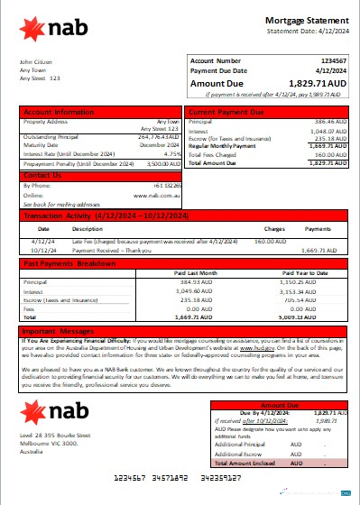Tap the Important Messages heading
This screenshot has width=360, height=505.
click(x=58, y=332)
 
